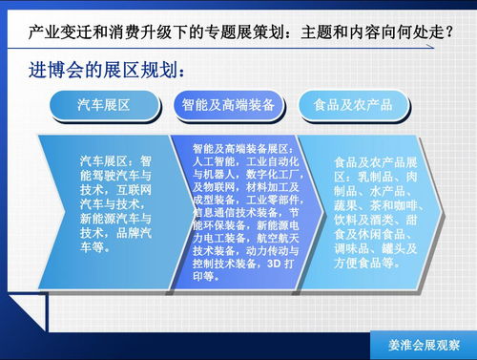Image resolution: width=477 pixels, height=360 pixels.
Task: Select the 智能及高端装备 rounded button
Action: [227, 104]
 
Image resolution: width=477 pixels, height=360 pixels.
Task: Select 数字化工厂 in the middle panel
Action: [277, 176]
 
